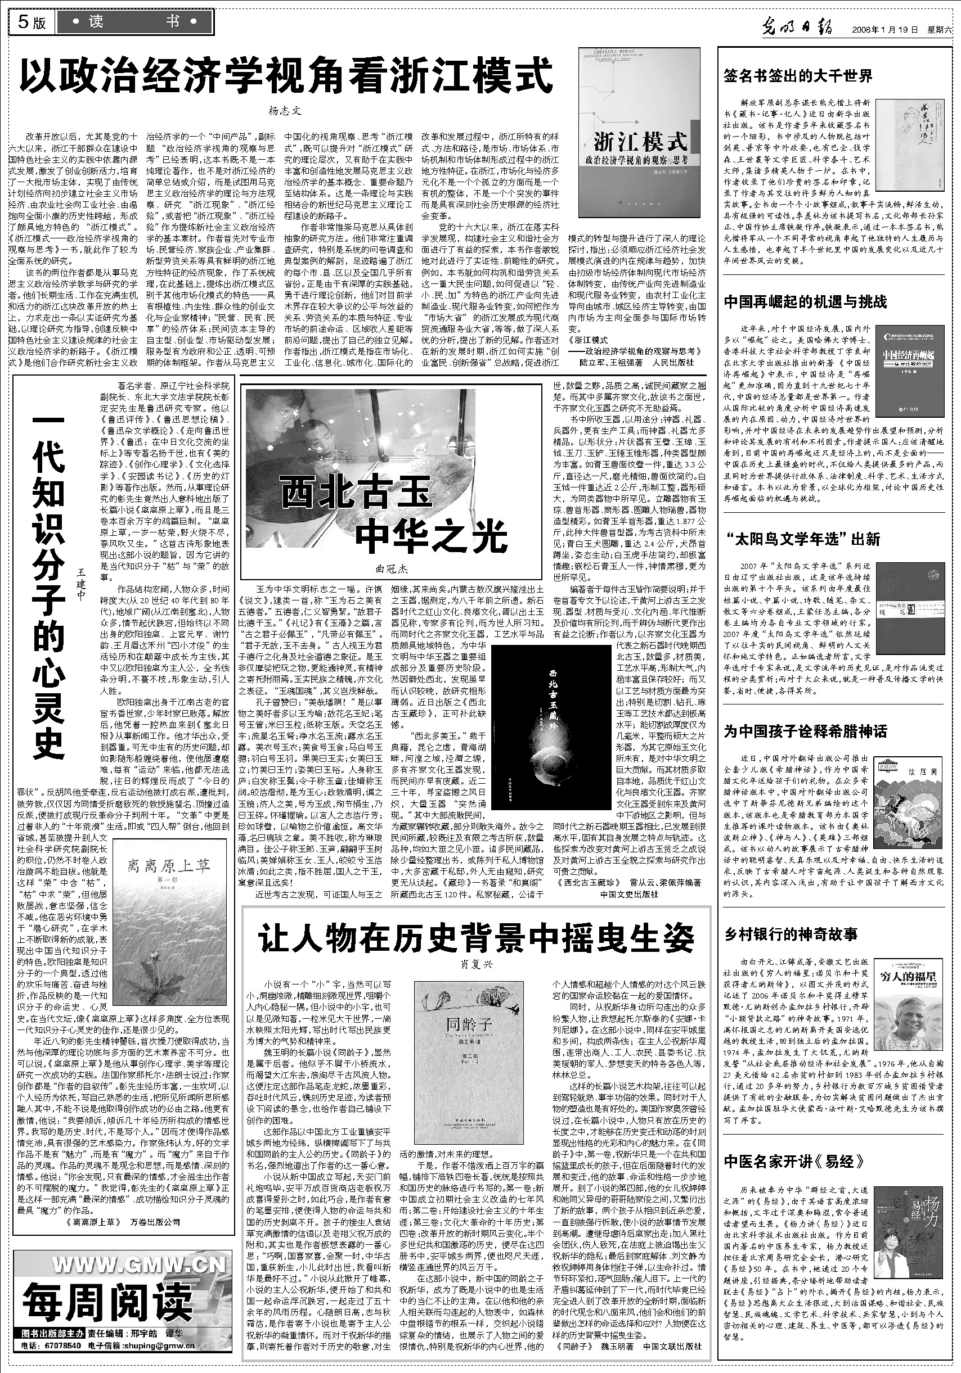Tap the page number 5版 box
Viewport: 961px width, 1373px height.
[x=32, y=22]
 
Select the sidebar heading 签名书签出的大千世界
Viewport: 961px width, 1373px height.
[x=798, y=76]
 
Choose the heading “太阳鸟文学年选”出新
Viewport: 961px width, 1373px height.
[x=802, y=539]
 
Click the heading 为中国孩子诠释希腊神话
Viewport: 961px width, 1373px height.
[x=805, y=731]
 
